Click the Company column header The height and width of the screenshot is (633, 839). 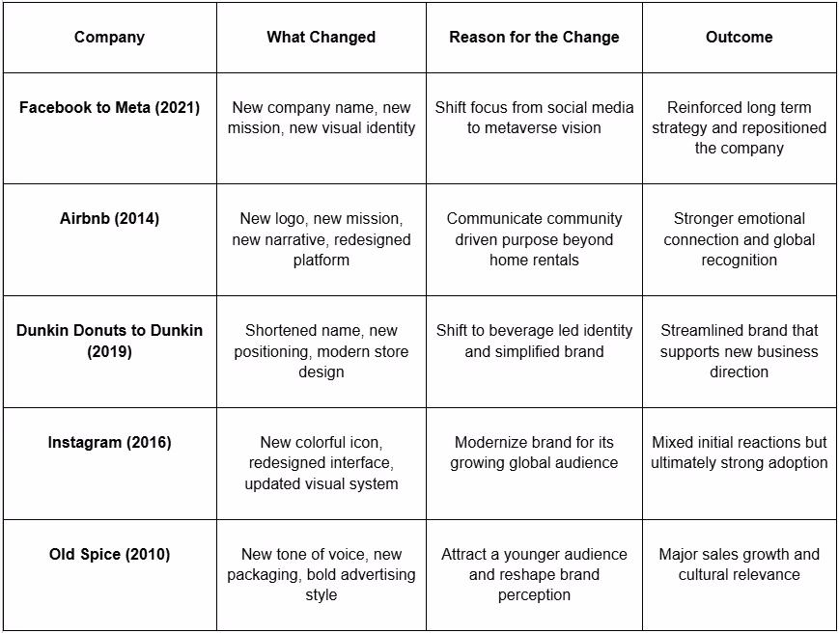coord(109,38)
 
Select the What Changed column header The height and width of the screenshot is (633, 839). coord(321,38)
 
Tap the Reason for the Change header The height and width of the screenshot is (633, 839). coord(534,38)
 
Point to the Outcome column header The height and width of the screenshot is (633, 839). coord(739,38)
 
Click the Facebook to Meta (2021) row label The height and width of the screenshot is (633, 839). coord(109,107)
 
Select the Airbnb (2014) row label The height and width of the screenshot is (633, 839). coord(109,219)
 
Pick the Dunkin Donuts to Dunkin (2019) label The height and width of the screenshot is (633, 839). coord(109,341)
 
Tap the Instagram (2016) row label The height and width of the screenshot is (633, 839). coord(109,443)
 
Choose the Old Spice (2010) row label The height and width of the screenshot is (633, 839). coord(109,555)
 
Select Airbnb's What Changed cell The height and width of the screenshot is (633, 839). coord(321,239)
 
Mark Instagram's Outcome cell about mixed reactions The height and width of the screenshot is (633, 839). coord(739,453)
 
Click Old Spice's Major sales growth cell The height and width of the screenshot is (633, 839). coord(739,564)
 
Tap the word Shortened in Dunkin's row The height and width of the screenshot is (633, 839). coord(282,331)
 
